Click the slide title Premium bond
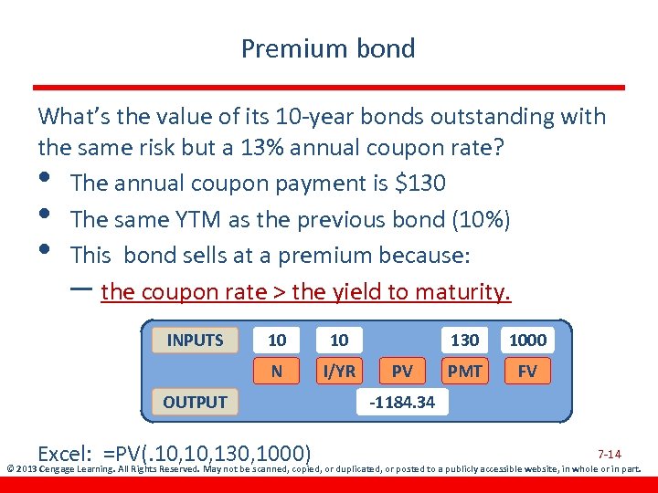click(328, 48)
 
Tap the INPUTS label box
click(195, 341)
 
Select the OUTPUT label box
click(195, 402)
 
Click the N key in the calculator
click(277, 372)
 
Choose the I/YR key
click(339, 372)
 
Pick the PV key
click(401, 372)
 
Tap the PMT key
click(464, 372)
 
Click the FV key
click(527, 372)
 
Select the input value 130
click(464, 341)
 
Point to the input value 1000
click(527, 341)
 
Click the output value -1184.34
click(402, 402)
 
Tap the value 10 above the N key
click(277, 341)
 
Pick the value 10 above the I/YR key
click(339, 341)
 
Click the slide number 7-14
click(609, 454)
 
